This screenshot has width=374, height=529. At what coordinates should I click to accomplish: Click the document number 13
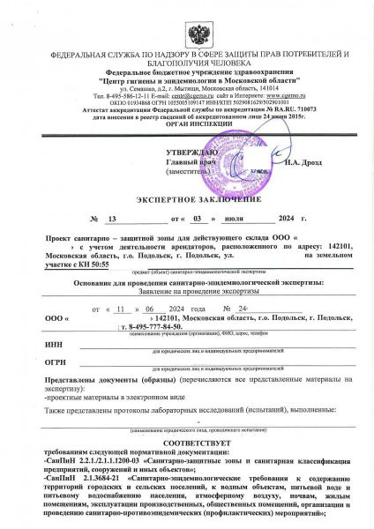tap(110, 217)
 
